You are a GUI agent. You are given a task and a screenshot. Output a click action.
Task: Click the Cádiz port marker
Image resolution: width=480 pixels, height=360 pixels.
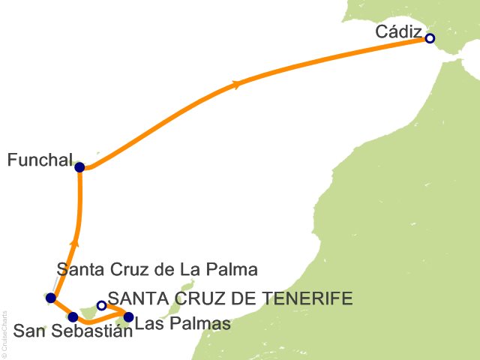430,38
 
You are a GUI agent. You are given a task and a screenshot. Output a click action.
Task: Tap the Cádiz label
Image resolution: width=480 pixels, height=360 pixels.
398,33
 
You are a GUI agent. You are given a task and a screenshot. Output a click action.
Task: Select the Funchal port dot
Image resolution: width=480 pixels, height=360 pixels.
79,167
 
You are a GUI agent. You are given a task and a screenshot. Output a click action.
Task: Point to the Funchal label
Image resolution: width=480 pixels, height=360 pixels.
39,160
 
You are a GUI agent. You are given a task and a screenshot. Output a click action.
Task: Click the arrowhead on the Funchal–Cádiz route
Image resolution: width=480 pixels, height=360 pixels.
238,85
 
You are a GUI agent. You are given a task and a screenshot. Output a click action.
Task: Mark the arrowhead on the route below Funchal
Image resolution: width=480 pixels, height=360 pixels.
73,241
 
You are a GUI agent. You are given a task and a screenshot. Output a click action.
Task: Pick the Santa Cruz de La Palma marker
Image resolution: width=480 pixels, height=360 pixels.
50,298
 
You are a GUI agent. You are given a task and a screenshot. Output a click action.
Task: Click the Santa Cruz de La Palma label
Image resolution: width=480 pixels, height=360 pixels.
157,269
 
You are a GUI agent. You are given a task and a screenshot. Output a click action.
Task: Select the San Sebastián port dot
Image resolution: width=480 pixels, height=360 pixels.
73,316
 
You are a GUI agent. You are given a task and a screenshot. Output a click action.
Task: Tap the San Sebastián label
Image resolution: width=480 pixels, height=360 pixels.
73,333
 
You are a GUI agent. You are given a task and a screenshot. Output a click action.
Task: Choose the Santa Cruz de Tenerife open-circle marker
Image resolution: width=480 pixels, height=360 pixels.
101,305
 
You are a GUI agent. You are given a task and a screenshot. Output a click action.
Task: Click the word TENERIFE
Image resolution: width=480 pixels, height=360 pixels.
307,299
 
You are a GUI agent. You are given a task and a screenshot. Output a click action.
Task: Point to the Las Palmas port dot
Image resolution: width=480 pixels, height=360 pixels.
128,316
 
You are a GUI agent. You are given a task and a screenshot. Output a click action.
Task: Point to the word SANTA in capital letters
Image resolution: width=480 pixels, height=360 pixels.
134,299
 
